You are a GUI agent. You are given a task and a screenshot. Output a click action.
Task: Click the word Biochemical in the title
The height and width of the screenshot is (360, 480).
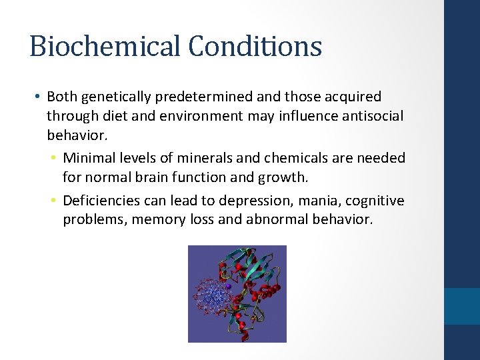coord(104,47)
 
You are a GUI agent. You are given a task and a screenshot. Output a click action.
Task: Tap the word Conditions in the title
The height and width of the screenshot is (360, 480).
coord(255,47)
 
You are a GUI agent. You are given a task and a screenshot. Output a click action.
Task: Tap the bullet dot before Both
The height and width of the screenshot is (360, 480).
coord(36,98)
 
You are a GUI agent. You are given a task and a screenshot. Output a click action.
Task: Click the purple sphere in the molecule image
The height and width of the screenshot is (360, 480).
coord(228,287)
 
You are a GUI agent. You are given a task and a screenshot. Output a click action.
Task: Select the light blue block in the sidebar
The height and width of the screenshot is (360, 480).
coord(462,306)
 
